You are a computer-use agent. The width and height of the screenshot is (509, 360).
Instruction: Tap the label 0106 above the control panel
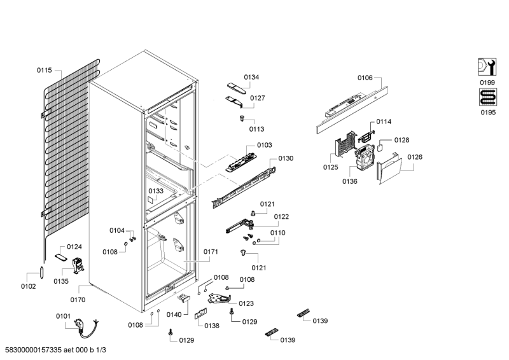pyautogui.click(x=365, y=78)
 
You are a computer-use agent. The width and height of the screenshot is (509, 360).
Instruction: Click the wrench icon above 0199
pyautogui.click(x=487, y=67)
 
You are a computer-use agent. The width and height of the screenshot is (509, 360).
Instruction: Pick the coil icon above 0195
pyautogui.click(x=487, y=97)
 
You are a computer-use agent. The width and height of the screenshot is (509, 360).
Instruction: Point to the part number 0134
pyautogui.click(x=251, y=77)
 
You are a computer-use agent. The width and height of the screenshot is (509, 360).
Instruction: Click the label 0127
pyautogui.click(x=258, y=98)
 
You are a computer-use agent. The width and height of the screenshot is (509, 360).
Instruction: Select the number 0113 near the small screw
pyautogui.click(x=256, y=128)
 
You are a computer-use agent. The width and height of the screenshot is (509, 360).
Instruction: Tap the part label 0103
pyautogui.click(x=265, y=145)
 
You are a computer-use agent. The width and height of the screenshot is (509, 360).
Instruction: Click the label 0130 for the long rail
pyautogui.click(x=286, y=158)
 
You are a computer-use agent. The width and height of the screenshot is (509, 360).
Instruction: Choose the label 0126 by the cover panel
pyautogui.click(x=415, y=156)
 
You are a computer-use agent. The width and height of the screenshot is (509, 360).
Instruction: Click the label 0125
pyautogui.click(x=330, y=168)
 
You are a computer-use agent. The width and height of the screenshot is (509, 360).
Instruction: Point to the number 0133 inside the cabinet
pyautogui.click(x=156, y=190)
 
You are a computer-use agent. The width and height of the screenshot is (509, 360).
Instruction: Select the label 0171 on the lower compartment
pyautogui.click(x=211, y=252)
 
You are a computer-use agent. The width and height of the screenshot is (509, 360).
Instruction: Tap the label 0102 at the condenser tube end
pyautogui.click(x=28, y=286)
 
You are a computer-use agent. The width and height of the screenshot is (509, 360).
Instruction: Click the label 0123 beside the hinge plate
pyautogui.click(x=246, y=303)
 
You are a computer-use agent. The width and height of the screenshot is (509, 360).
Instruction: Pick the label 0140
pyautogui.click(x=174, y=314)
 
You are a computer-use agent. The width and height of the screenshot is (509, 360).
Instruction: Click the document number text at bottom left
pyautogui.click(x=55, y=350)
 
